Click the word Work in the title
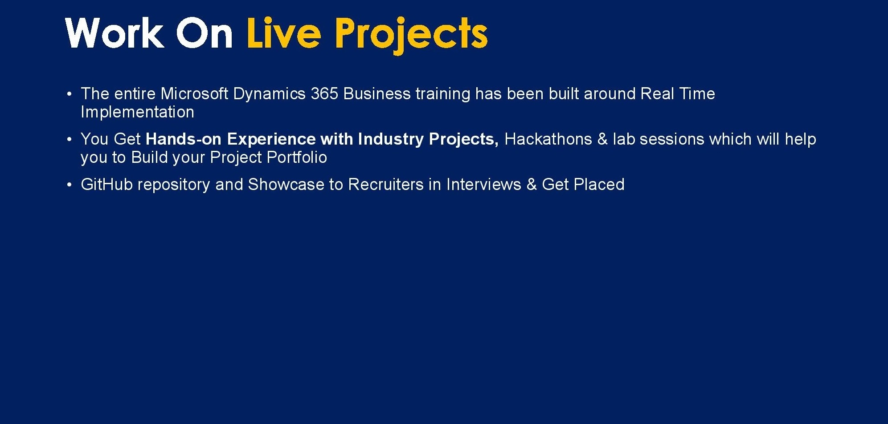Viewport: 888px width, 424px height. (x=115, y=33)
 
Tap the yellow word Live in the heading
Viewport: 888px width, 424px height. (x=284, y=33)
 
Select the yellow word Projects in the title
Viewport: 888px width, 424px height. (x=411, y=36)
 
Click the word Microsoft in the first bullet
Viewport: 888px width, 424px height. (x=194, y=94)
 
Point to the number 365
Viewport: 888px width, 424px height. (x=324, y=94)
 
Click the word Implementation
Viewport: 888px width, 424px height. (x=137, y=112)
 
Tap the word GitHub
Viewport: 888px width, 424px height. (x=107, y=185)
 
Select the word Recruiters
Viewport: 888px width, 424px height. (x=386, y=185)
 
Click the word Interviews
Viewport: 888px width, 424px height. (x=484, y=185)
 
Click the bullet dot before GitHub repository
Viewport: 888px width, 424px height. (x=69, y=185)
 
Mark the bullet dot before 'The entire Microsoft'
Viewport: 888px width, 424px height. (x=69, y=94)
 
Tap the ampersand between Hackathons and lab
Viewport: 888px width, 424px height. (x=602, y=139)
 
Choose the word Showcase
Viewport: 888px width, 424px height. (x=286, y=185)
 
